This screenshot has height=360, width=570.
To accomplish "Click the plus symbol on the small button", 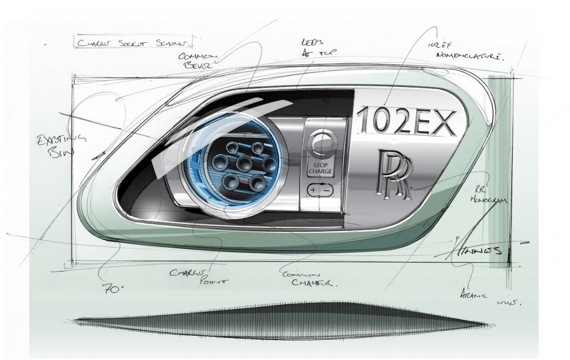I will coord(313,190).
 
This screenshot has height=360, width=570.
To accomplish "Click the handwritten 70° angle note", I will coord(111,289).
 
